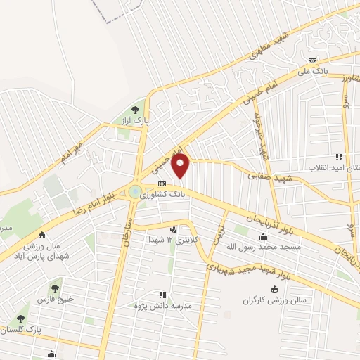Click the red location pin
(181, 167)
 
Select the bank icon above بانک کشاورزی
(162, 184)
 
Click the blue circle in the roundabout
(134, 191)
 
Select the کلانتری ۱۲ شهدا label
(173, 240)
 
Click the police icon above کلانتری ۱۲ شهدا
(173, 229)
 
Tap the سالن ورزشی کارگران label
(276, 300)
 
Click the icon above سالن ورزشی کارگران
(274, 289)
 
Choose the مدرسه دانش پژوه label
(163, 307)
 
